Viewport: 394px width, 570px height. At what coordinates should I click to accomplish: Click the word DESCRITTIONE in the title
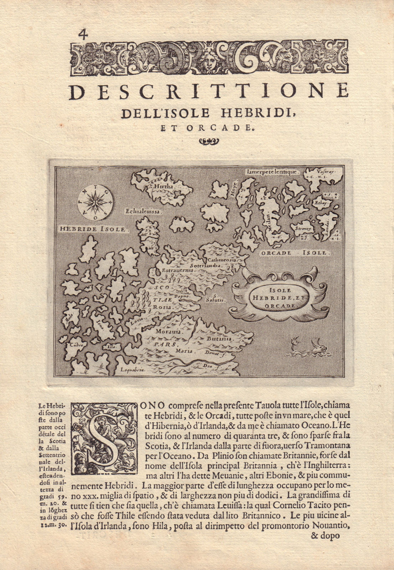click(210, 92)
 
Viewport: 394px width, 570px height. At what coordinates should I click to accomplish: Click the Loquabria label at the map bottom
click(132, 370)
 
